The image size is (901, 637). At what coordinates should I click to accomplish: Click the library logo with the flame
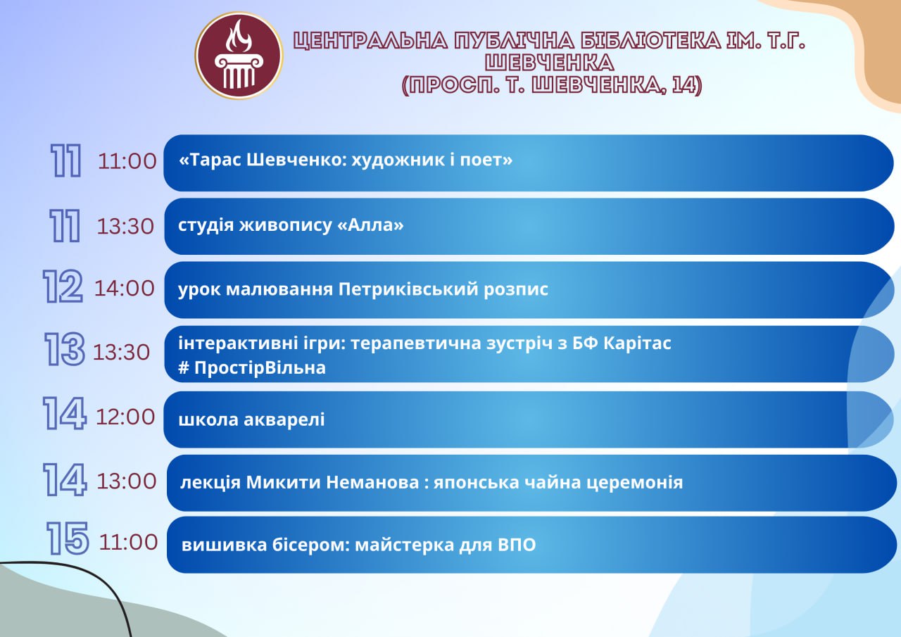point(239,56)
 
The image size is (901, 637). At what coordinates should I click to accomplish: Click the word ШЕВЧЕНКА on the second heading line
point(549,63)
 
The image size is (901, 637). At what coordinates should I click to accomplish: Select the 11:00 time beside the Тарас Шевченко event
point(127,161)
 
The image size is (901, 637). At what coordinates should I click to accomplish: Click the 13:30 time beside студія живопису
point(125,227)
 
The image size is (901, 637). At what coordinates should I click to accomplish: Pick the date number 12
point(63,286)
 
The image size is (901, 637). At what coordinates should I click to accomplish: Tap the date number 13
point(64,349)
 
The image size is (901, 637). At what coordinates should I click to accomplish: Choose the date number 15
point(67,538)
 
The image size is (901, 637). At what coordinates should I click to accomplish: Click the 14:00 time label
point(125,289)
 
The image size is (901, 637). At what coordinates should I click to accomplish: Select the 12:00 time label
point(125,417)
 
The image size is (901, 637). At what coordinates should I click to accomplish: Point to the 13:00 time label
point(126,481)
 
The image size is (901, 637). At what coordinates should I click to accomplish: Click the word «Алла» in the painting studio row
point(370,225)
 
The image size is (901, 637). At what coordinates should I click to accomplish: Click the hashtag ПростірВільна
point(252,367)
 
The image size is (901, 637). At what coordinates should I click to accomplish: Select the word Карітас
point(637,343)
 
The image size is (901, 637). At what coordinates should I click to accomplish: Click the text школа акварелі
point(251,420)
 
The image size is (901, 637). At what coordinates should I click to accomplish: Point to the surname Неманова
point(372,482)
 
